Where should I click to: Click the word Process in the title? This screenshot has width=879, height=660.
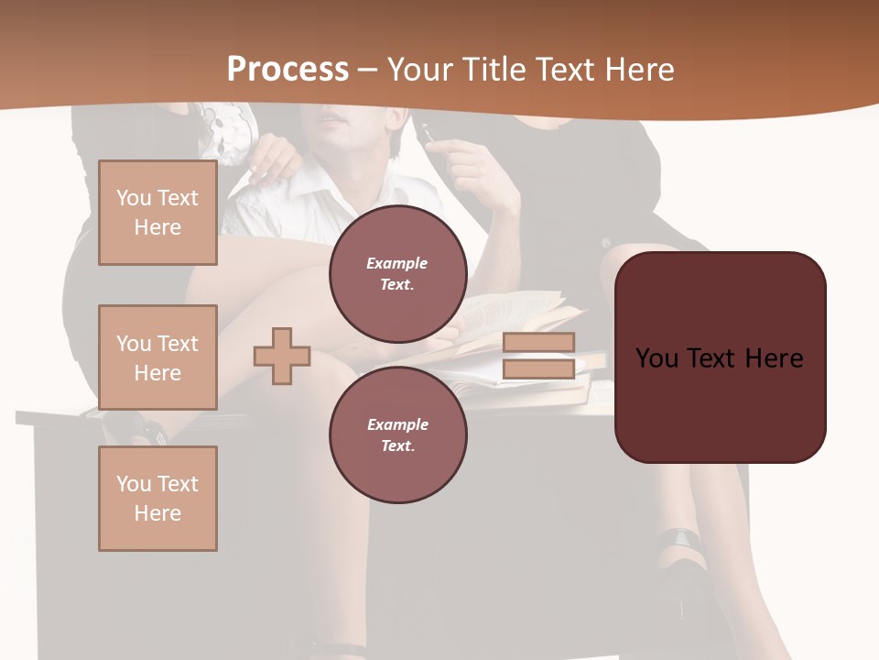(288, 69)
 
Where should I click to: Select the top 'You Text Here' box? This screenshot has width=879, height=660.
(157, 213)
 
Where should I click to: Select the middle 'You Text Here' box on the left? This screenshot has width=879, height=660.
(157, 357)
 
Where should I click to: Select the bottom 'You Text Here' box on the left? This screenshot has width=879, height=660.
(157, 499)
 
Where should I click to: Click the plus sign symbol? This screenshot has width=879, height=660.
(282, 355)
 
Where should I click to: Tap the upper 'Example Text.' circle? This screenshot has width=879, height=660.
(397, 274)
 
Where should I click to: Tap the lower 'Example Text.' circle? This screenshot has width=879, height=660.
(397, 435)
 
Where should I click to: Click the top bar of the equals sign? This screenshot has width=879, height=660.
(538, 342)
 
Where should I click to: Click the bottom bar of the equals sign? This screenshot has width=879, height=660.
(538, 368)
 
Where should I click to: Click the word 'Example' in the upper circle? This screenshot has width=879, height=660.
(397, 263)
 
